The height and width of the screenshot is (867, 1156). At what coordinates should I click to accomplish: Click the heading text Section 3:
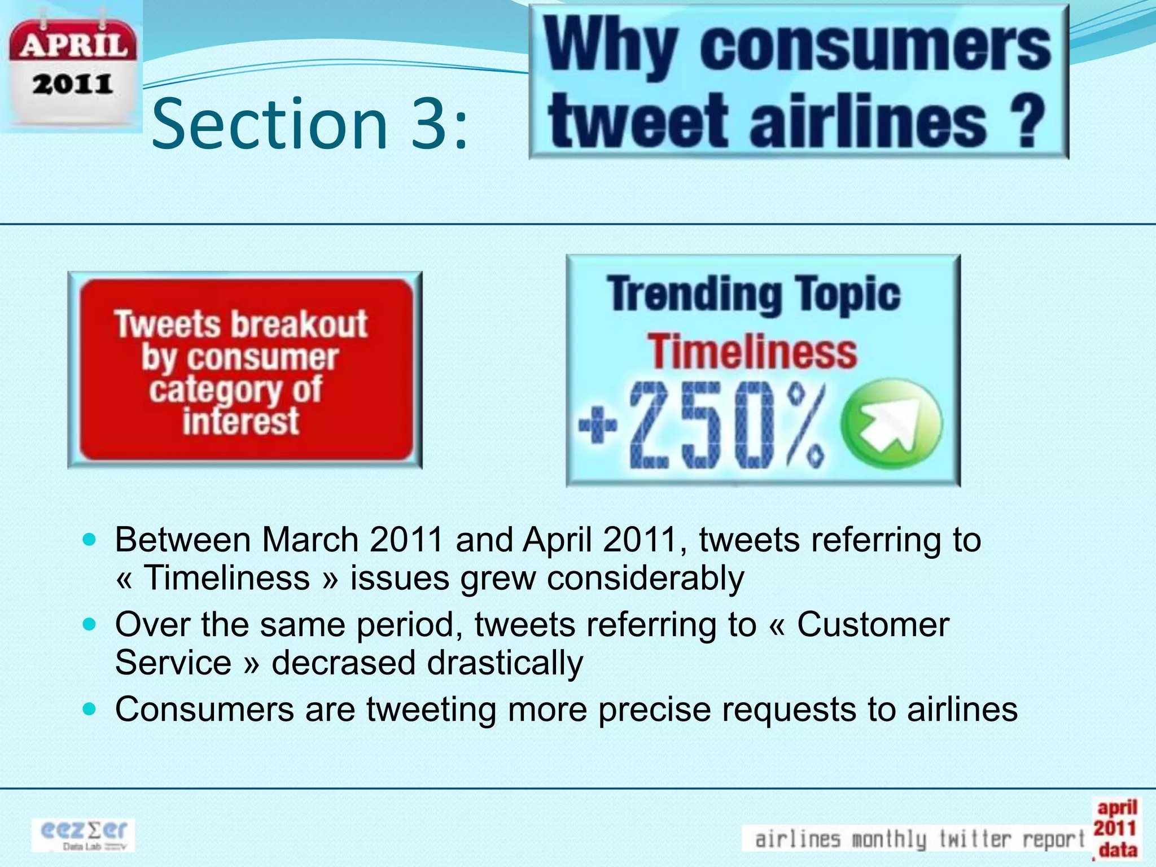(x=310, y=124)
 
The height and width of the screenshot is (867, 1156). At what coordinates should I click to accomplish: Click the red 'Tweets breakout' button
(x=245, y=370)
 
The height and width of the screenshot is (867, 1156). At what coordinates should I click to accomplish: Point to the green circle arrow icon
(x=891, y=424)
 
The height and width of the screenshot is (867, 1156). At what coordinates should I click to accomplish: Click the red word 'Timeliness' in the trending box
(x=752, y=352)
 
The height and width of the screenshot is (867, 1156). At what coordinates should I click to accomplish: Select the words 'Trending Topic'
(x=754, y=294)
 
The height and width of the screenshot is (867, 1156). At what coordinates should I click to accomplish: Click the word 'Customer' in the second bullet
(x=873, y=625)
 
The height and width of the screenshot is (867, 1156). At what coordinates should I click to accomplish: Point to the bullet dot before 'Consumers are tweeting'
(x=90, y=709)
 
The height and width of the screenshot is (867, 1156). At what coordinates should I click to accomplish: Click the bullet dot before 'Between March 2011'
(x=90, y=540)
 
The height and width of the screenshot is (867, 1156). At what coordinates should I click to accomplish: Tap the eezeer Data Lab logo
(x=84, y=835)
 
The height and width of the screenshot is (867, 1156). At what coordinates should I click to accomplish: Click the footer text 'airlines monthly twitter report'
(x=918, y=839)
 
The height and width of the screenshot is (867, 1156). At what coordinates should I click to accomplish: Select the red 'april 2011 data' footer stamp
(x=1115, y=829)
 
